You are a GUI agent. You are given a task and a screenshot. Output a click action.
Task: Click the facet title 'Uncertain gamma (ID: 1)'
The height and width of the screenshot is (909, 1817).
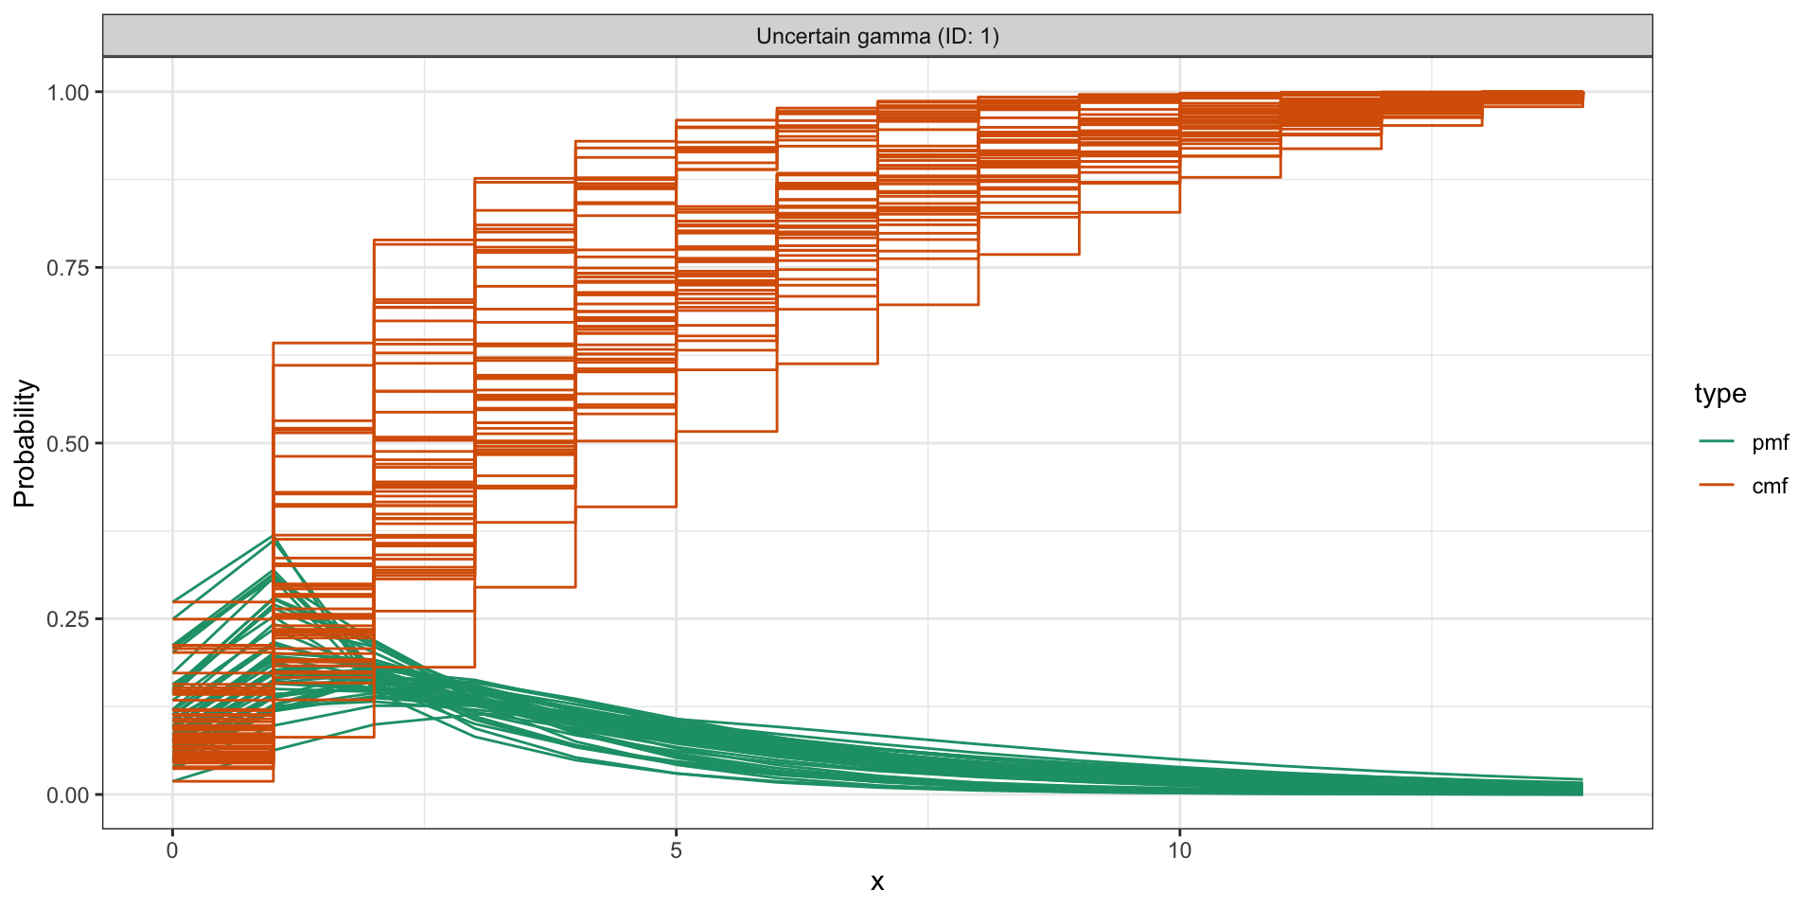(877, 37)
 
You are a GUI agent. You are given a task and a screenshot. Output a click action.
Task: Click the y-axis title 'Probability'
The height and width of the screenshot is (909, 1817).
(25, 443)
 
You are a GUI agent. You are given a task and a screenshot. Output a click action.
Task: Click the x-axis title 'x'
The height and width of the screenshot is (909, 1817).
(877, 882)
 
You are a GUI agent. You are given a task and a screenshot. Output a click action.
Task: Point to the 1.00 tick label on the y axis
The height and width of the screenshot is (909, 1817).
(68, 93)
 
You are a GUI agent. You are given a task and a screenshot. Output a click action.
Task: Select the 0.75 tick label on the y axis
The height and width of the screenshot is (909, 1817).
(68, 268)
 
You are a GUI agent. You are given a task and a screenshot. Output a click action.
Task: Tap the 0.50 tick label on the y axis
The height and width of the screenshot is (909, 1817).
(68, 444)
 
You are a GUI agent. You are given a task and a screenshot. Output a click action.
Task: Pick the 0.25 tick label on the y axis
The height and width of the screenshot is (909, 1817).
(68, 619)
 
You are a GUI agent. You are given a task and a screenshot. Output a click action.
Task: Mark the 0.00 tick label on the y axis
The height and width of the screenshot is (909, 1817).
(68, 795)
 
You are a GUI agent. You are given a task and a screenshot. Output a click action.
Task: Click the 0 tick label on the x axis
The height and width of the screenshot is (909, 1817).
(172, 850)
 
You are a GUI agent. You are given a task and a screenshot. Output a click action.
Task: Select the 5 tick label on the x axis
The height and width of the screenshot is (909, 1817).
(676, 850)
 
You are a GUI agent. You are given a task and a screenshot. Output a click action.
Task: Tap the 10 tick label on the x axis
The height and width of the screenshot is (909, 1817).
(1179, 850)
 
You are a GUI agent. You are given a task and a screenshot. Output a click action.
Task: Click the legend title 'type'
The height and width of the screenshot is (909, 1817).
(1720, 394)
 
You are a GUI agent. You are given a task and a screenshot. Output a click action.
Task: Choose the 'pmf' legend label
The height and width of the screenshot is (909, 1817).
(1770, 442)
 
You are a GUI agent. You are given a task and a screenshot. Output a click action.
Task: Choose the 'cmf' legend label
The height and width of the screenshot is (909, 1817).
(1770, 486)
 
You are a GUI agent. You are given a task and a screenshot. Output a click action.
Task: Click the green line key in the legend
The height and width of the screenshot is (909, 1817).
(1716, 441)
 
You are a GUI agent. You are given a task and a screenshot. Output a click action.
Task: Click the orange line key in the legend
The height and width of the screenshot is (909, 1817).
(1716, 485)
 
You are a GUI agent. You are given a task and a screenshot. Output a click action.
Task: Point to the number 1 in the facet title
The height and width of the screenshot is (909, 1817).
(985, 37)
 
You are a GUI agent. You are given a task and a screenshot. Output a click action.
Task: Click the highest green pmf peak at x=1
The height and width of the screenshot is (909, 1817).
(273, 537)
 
